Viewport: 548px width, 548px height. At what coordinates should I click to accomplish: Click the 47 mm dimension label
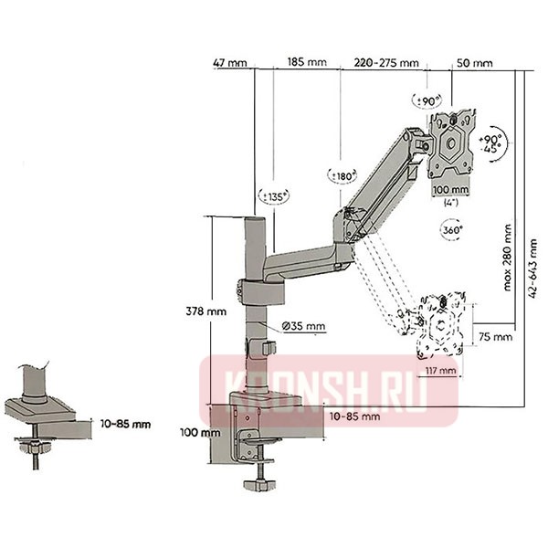pyautogui.click(x=231, y=64)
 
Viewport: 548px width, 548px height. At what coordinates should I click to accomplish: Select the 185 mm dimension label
pyautogui.click(x=306, y=64)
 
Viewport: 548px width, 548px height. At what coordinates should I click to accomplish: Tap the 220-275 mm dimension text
pyautogui.click(x=385, y=64)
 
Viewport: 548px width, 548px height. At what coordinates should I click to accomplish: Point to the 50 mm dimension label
pyautogui.click(x=474, y=64)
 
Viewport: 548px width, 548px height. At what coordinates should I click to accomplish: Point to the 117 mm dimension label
pyautogui.click(x=439, y=370)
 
